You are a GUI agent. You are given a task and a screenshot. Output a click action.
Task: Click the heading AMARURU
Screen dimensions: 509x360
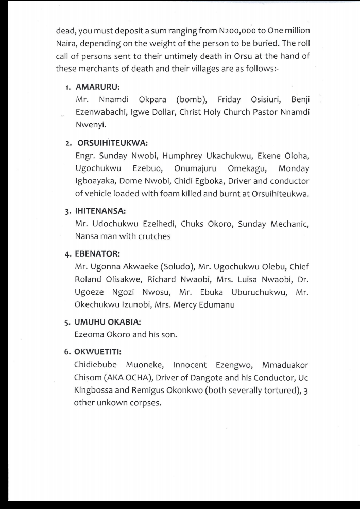pyautogui.click(x=97, y=87)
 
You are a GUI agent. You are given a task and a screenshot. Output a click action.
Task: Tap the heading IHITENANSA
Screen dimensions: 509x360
pyautogui.click(x=100, y=211)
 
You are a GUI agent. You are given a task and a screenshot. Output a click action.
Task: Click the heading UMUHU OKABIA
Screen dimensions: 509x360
pyautogui.click(x=108, y=322)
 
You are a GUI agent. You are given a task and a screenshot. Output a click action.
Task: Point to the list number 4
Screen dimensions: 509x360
pyautogui.click(x=67, y=254)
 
